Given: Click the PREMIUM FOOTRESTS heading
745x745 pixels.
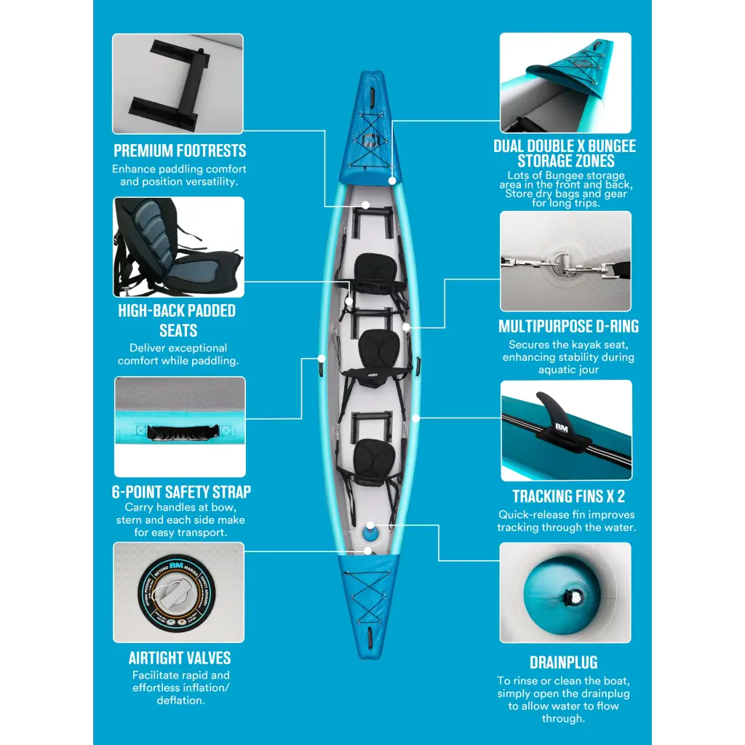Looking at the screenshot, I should [180, 151].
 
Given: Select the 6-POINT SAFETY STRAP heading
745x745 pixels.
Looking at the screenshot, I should [181, 492].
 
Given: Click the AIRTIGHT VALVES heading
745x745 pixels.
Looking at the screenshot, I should [180, 658].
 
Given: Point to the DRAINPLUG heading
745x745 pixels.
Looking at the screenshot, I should [564, 663].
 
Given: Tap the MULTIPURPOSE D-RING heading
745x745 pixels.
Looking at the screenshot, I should [569, 327].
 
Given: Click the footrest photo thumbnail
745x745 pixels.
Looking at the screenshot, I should [178, 84].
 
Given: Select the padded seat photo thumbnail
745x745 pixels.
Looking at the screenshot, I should [179, 247].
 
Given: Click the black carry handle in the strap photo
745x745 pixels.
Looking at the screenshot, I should [178, 433].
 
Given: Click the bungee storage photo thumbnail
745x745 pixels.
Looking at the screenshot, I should [565, 82].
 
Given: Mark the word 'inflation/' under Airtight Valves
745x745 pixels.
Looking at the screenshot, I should [200, 688].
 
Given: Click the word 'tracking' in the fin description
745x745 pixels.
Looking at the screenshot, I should [518, 527].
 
